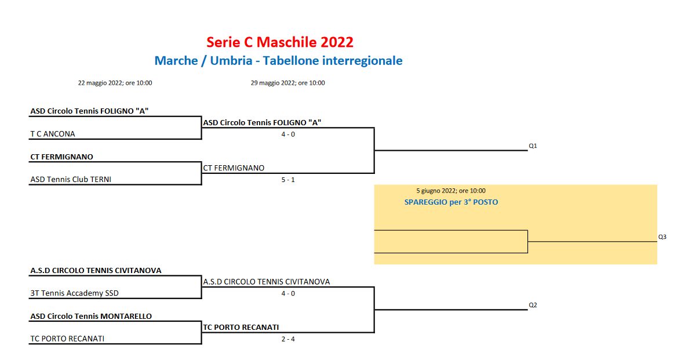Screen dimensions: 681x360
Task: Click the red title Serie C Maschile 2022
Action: (280, 42)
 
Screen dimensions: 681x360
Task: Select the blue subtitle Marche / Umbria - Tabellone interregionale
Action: (278, 60)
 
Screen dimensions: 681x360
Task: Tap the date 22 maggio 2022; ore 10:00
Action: (115, 83)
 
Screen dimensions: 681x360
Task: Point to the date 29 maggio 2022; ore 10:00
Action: (288, 83)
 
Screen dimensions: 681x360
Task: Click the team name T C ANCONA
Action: (53, 134)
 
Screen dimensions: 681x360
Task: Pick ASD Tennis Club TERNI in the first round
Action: (71, 179)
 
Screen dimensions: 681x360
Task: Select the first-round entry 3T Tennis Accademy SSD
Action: (74, 293)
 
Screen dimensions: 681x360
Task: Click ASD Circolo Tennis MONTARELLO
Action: (91, 316)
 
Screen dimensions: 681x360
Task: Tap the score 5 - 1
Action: (288, 180)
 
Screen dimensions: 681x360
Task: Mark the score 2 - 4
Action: (288, 339)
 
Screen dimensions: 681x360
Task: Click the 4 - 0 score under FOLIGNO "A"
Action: (288, 134)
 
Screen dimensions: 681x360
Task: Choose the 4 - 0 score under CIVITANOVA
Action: (288, 293)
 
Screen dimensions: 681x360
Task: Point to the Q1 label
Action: (533, 146)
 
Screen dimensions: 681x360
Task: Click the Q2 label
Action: (533, 306)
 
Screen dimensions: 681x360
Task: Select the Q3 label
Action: (662, 237)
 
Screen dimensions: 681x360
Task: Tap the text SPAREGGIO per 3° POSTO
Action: (451, 202)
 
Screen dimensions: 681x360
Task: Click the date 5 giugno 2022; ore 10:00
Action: (451, 191)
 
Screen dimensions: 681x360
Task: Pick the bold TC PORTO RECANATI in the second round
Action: (241, 328)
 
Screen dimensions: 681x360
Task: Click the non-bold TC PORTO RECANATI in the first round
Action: (67, 339)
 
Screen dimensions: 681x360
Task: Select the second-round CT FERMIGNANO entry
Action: (234, 168)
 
